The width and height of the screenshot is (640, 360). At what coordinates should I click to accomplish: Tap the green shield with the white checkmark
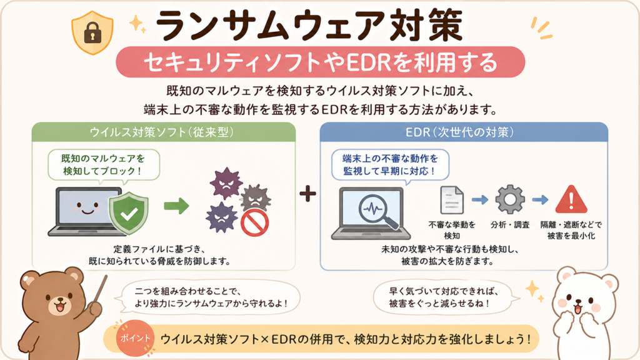[x=129, y=212]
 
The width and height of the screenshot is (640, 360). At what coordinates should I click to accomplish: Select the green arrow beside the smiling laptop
[x=176, y=206]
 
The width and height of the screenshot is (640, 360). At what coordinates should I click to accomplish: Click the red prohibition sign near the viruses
[x=255, y=223]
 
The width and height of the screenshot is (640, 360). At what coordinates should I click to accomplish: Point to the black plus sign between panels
[x=307, y=194]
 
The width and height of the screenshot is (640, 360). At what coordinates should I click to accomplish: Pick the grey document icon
[x=452, y=200]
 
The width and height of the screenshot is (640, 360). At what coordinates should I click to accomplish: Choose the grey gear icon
[x=510, y=199]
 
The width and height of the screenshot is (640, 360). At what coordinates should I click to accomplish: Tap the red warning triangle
[x=571, y=199]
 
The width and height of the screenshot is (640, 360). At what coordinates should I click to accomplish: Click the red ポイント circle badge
[x=135, y=338]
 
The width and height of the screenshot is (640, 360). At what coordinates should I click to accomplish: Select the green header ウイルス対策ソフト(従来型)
[x=164, y=132]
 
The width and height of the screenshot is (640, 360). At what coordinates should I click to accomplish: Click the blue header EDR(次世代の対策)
[x=464, y=132]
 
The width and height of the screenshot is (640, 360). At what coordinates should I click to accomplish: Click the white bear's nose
[x=578, y=302]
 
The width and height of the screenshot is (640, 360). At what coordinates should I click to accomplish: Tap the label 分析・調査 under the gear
[x=510, y=225]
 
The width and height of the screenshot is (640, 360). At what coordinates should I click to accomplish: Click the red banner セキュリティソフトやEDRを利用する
[x=321, y=62]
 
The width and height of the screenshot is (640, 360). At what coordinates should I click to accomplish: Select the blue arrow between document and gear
[x=480, y=200]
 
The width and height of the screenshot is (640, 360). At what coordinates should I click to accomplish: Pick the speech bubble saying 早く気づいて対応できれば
[x=444, y=297]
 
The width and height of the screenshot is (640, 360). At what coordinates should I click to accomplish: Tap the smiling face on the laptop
[x=87, y=208]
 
